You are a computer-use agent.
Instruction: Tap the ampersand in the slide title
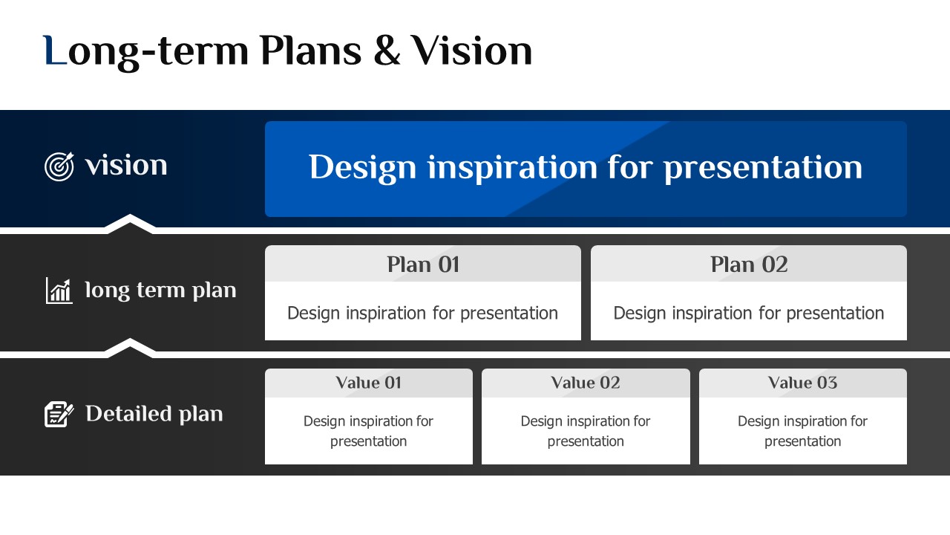[x=387, y=50]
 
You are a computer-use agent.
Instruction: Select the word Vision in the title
[x=471, y=50]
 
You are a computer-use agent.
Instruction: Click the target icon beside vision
[x=59, y=166]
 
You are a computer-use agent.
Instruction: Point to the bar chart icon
[x=59, y=291]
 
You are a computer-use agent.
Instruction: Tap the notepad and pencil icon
[x=59, y=414]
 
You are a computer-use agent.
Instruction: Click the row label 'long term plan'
[x=160, y=291]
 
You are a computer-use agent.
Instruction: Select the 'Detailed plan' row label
[x=154, y=414]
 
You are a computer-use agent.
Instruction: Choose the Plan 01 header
[x=423, y=265]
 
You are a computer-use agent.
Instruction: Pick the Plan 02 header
[x=749, y=265]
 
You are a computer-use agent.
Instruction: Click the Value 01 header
[x=368, y=383]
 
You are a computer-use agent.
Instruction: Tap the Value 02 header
[x=586, y=383]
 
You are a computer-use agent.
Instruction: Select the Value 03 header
[x=803, y=383]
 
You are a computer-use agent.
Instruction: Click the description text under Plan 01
[x=423, y=314]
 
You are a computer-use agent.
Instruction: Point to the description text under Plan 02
[x=749, y=314]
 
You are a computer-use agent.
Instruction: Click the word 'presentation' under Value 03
[x=803, y=441]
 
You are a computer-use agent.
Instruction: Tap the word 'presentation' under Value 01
[x=368, y=441]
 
